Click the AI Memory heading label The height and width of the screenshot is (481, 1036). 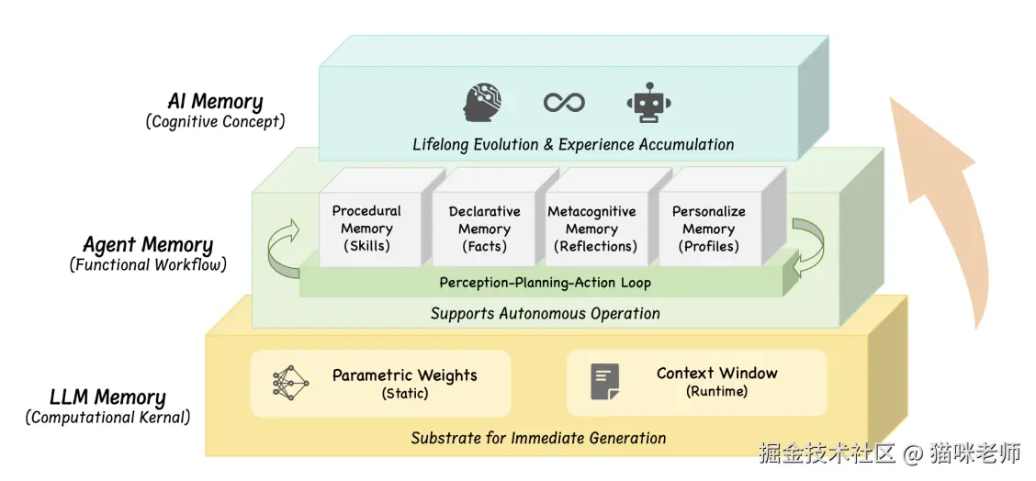point(215,101)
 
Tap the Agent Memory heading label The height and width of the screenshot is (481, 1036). point(148,245)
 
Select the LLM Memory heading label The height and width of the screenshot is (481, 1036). point(107,397)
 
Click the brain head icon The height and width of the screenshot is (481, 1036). point(484,102)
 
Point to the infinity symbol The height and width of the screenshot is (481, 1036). point(564,102)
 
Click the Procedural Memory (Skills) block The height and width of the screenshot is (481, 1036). point(366,229)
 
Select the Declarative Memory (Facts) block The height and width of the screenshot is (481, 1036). point(484,229)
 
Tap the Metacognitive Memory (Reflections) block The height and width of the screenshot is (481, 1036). point(591,229)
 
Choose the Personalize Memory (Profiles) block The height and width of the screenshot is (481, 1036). point(708,229)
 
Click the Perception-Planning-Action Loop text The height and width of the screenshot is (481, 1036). point(545,283)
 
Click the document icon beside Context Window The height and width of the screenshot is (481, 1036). point(604,381)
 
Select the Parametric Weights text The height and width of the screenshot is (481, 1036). point(405,375)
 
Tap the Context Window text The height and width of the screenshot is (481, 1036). point(716,374)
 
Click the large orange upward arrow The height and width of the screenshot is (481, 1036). point(937,202)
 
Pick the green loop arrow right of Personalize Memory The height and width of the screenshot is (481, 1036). point(807,247)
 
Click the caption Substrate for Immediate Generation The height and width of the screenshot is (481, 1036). point(538,438)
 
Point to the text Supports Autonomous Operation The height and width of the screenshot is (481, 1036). point(545,314)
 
